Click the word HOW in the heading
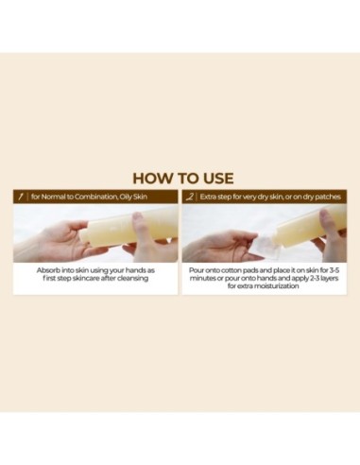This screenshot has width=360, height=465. tap(151, 178)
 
